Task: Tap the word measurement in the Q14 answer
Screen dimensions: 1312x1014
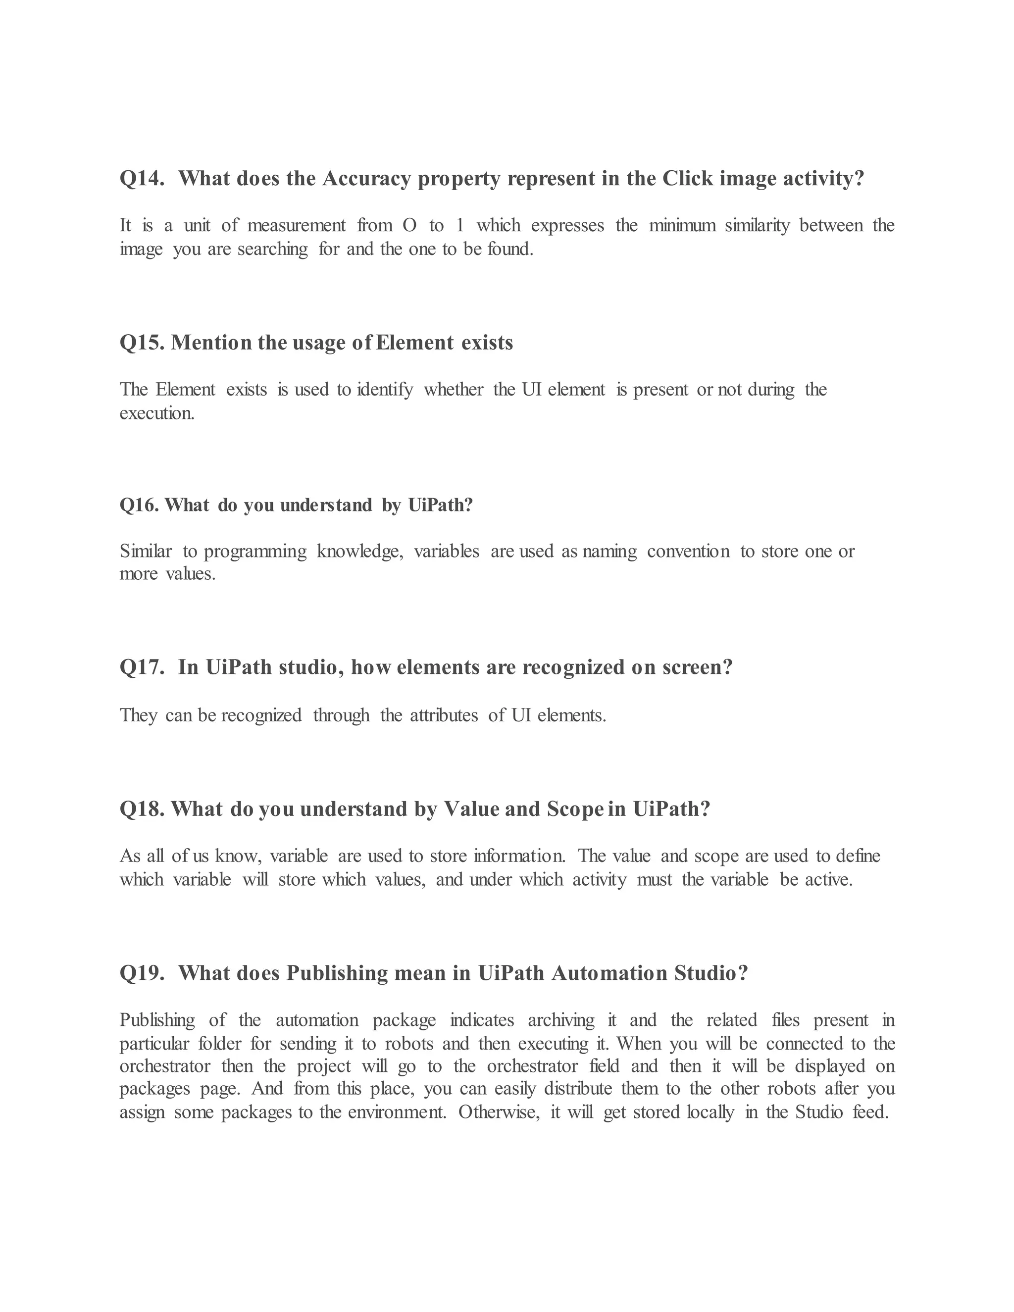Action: coord(296,225)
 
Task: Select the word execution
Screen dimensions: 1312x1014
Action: coord(157,413)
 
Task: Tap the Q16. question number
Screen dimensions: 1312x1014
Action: coord(139,505)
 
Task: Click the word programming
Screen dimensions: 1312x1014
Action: coord(255,552)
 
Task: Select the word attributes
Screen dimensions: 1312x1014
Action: coord(444,715)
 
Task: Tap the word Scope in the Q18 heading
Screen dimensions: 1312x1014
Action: coord(575,810)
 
